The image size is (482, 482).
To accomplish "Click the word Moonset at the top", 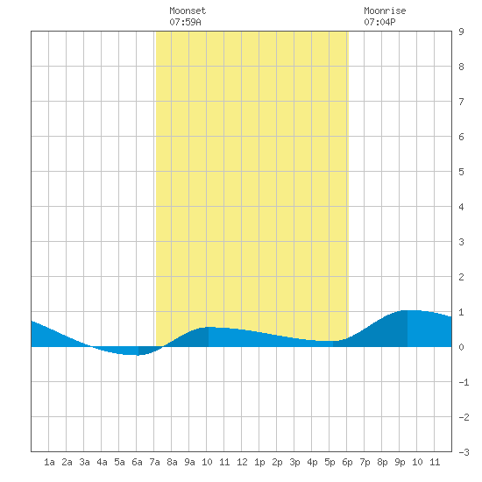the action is point(188,11).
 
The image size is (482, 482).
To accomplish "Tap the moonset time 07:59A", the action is point(185,22).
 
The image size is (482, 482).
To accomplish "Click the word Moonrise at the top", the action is point(385,11).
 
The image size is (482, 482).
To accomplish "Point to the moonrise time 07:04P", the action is point(379,22).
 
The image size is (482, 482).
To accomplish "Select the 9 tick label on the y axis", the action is point(461,32).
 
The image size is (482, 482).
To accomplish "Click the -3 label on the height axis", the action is point(464,452).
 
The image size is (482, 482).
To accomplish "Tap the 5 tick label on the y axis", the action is point(461,172).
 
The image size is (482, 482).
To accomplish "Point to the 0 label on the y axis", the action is point(461,347).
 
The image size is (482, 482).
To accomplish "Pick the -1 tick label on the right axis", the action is point(464,382).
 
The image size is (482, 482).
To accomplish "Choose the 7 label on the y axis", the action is point(461,102).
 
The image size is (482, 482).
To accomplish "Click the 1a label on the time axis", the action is point(49,462).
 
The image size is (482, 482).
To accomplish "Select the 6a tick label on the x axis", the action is point(137,462).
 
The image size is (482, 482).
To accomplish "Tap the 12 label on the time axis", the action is point(242,462).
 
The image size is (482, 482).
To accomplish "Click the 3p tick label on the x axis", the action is point(294,462).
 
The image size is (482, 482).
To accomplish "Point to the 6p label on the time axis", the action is point(347,462).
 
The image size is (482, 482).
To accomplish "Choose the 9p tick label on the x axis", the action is point(400,462).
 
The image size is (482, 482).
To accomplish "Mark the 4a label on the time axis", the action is point(102,462).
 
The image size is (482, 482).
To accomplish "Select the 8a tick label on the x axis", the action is point(172,462).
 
